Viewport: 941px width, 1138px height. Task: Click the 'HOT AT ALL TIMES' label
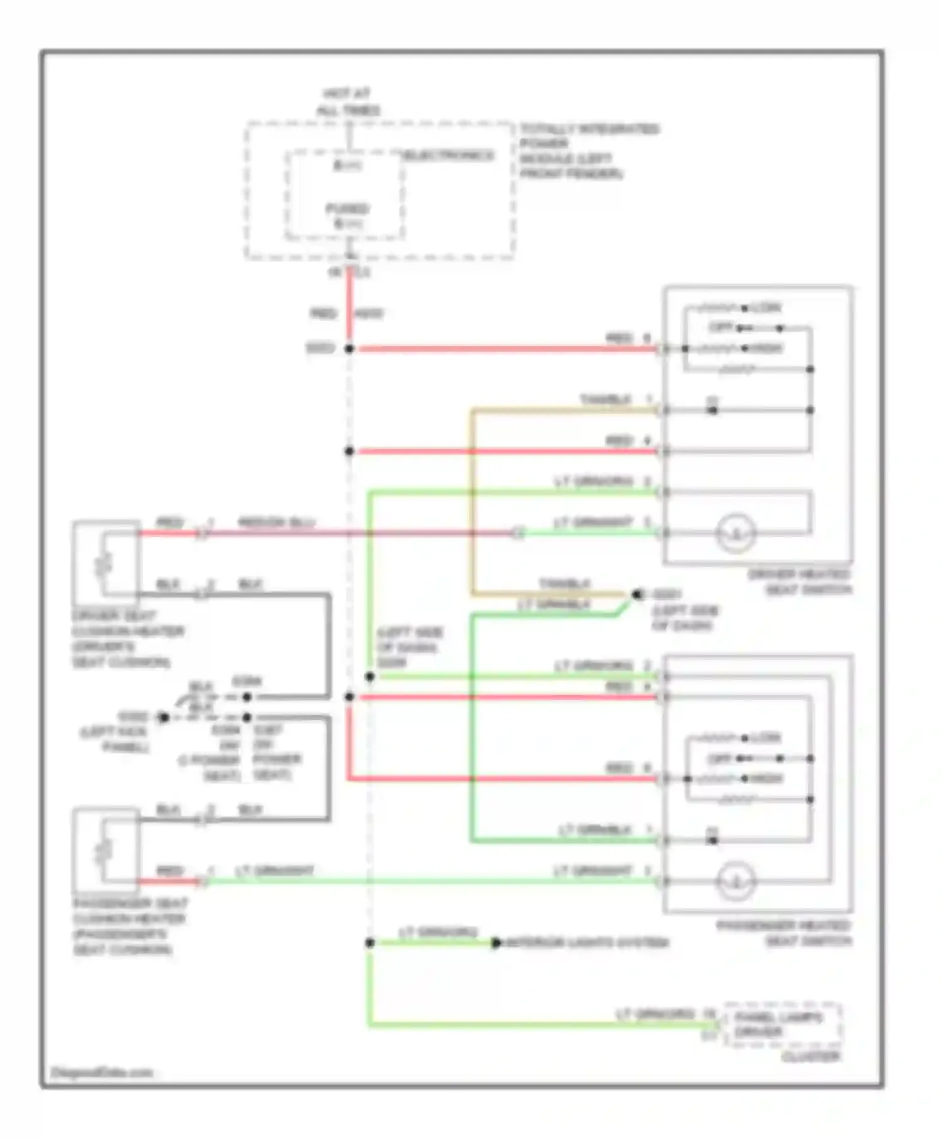tap(348, 102)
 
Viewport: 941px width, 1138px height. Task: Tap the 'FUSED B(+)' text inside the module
tap(347, 216)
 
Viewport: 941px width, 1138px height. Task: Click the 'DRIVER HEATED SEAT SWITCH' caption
tap(799, 582)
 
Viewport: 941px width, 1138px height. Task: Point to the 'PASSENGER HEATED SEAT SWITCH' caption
tap(784, 933)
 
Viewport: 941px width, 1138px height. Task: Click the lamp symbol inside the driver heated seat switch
tap(736, 533)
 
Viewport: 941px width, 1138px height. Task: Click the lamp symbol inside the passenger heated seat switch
tap(736, 881)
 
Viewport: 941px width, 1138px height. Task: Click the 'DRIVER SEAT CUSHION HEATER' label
tap(125, 638)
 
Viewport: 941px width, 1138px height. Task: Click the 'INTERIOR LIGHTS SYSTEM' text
tap(587, 943)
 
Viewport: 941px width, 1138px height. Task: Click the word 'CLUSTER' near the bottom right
tap(811, 1057)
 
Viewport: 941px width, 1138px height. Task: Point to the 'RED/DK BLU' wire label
tap(276, 523)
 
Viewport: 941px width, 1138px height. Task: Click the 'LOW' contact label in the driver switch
tap(766, 308)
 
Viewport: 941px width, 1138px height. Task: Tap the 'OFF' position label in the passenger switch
tap(720, 758)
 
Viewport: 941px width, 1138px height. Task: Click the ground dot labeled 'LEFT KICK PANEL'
tap(164, 717)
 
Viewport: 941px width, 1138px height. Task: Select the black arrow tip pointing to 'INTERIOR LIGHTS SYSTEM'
tap(496, 943)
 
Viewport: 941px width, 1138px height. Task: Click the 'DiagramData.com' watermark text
tap(102, 1072)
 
